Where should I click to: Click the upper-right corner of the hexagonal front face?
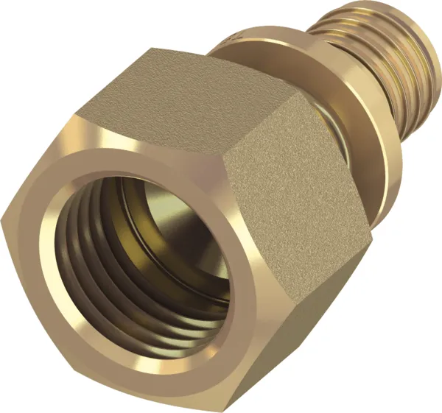[x=221, y=151]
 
